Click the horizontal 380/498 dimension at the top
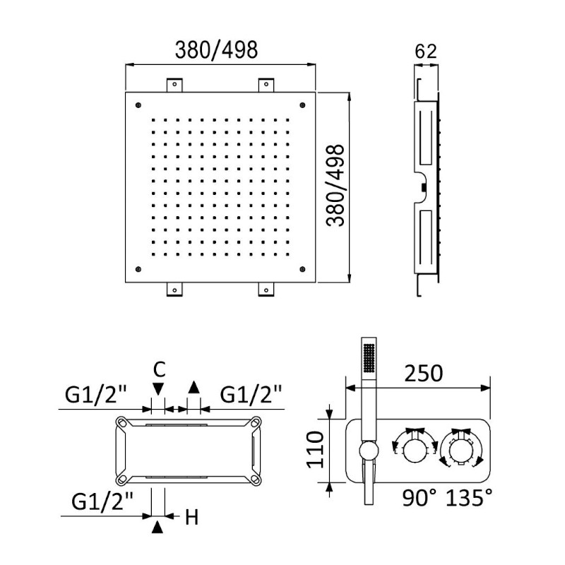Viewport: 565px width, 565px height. pos(216,49)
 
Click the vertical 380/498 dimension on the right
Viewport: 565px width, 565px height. pos(335,185)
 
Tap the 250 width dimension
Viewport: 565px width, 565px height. pos(423,374)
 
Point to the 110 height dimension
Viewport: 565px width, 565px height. pos(315,450)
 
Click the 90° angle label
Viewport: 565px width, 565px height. pos(419,498)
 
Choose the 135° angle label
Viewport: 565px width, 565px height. pos(469,498)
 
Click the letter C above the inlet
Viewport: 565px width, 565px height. pos(159,369)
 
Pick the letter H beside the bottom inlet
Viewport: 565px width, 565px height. pos(191,518)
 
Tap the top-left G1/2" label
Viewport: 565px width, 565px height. pos(96,394)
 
